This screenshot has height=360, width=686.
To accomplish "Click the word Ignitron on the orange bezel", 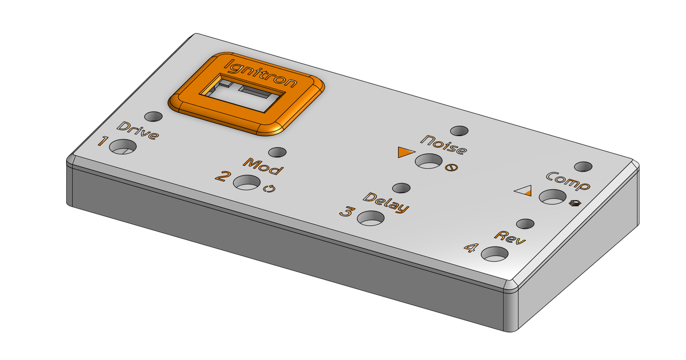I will tap(261, 73).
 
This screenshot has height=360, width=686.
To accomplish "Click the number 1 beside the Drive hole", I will tap(103, 141).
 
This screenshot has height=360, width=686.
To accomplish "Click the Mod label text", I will tap(264, 167).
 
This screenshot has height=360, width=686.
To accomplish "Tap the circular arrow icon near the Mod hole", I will tap(269, 189).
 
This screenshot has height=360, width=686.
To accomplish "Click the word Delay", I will tap(387, 203).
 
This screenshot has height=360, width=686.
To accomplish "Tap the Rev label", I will tap(510, 237).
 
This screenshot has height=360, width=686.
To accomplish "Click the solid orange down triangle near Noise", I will tap(405, 152).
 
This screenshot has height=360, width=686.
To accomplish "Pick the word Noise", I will tap(444, 145).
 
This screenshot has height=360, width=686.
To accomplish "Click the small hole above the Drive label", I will tap(152, 117).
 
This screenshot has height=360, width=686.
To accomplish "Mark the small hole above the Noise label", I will tap(459, 131).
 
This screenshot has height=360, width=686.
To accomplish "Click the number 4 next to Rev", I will tap(470, 247).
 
